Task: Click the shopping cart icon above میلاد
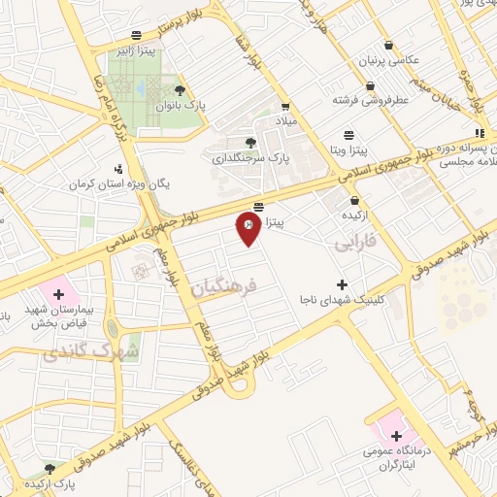pos(285,107)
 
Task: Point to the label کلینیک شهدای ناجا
pos(340,299)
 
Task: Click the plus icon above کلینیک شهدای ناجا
pos(341,283)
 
